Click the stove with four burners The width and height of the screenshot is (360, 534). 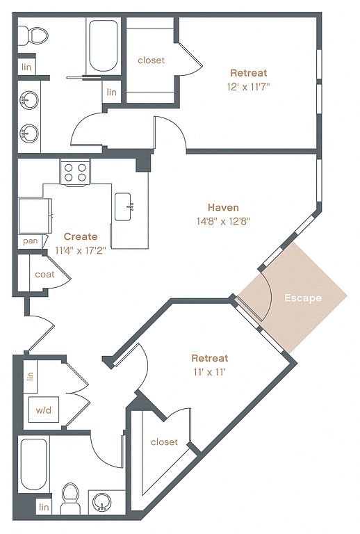75,172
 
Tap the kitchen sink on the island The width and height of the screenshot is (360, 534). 123,207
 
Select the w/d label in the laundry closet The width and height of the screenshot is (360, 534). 44,410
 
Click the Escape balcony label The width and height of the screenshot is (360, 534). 303,298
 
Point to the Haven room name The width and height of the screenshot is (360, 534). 223,207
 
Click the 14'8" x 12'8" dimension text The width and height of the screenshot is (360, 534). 223,221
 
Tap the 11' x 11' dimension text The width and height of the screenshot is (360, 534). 210,372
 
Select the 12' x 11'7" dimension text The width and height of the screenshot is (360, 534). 248,87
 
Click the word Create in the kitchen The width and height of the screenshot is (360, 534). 81,236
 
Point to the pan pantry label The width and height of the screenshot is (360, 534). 31,241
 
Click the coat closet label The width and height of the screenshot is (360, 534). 44,274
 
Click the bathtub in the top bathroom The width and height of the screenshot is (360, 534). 103,45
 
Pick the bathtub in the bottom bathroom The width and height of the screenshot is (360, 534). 33,464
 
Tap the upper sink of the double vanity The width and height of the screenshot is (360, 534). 29,100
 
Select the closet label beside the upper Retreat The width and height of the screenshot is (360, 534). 151,60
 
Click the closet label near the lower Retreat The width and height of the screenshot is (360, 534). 164,442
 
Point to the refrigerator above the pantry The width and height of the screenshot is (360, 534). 35,216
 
